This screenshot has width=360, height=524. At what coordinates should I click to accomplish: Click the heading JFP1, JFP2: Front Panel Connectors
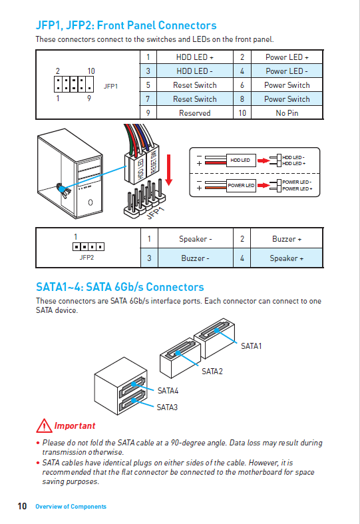tap(126, 25)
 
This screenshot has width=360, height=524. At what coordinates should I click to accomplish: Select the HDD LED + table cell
tap(194, 57)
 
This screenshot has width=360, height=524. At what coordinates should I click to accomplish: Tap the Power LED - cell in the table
tap(287, 71)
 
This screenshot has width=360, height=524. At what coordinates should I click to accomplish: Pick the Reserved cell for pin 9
tap(194, 113)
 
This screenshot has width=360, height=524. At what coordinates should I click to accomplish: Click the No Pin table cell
tap(287, 113)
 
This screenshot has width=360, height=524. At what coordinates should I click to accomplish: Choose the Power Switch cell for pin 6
tap(287, 85)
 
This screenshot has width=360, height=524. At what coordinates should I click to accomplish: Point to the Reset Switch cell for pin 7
tap(194, 99)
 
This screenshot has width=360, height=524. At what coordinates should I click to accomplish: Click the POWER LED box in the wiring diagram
tap(241, 185)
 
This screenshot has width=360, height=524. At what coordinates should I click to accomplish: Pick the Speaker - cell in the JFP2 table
tap(195, 239)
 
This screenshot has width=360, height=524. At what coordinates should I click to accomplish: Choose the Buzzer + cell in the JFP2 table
tap(287, 239)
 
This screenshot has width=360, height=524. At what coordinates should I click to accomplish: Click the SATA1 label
tap(251, 346)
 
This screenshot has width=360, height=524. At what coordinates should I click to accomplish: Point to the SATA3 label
tap(167, 407)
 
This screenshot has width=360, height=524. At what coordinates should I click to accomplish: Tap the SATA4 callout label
tap(168, 391)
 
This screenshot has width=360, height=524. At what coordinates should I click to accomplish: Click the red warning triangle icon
tap(44, 425)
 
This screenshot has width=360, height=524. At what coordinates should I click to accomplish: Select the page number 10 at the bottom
tap(22, 507)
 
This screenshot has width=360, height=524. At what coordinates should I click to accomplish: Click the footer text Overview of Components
tap(71, 507)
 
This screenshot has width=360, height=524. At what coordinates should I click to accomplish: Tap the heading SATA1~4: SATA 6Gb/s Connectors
tap(120, 288)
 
